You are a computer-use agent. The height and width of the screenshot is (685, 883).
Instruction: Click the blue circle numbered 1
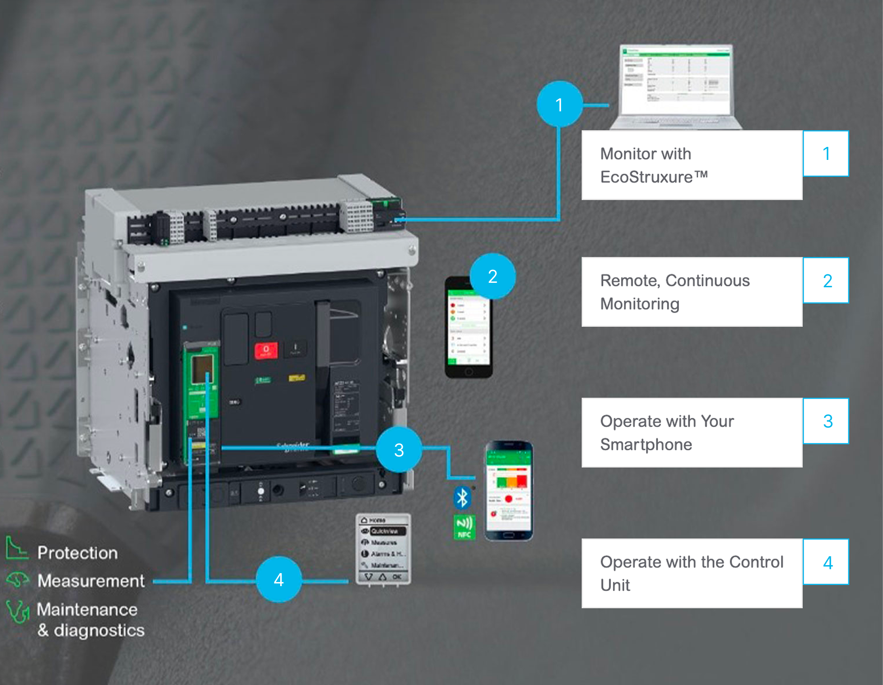560,104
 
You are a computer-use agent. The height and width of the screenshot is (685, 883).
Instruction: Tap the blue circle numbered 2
492,276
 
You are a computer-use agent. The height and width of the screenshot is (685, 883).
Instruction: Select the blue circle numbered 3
399,449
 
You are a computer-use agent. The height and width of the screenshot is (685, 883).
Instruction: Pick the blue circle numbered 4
279,579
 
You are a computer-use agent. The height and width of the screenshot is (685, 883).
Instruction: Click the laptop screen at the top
675,80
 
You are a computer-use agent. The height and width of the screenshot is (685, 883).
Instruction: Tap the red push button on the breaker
266,350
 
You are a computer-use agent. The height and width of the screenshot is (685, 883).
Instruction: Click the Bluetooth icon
462,497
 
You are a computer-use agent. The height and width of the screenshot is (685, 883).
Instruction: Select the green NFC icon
464,527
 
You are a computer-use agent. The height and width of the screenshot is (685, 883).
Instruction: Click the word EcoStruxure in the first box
646,177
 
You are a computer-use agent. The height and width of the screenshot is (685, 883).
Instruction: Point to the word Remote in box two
629,281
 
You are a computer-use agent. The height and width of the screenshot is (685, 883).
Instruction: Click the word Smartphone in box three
646,444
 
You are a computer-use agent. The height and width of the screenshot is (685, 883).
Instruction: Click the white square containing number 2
826,281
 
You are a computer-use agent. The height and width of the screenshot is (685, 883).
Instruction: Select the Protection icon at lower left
17,549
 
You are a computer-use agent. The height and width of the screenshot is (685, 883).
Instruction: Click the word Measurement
91,581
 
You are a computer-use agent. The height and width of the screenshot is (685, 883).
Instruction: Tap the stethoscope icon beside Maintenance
18,611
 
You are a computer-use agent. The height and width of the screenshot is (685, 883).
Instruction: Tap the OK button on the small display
397,577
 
